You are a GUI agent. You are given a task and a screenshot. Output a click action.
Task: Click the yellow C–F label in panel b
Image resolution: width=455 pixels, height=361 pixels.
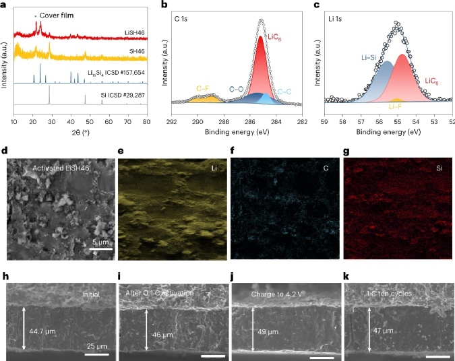205,88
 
